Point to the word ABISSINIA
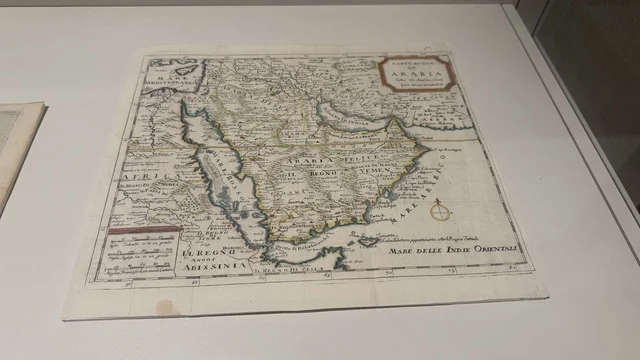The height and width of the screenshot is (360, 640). [208, 266]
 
